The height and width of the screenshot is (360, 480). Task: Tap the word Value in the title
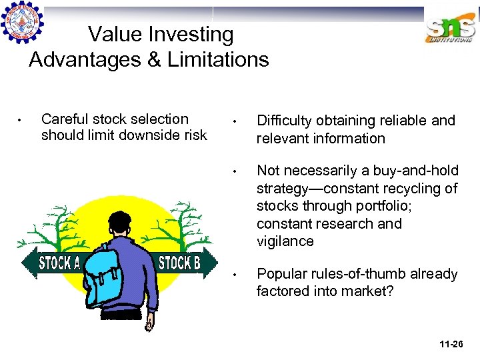(114, 34)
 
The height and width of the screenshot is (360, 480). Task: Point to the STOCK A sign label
(59, 263)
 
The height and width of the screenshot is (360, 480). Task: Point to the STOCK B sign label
(179, 263)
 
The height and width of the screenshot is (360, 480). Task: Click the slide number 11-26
(451, 344)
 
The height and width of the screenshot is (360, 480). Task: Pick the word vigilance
(285, 241)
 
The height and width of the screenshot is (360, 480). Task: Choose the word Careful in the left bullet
(63, 119)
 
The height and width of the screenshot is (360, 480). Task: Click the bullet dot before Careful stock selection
(21, 121)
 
